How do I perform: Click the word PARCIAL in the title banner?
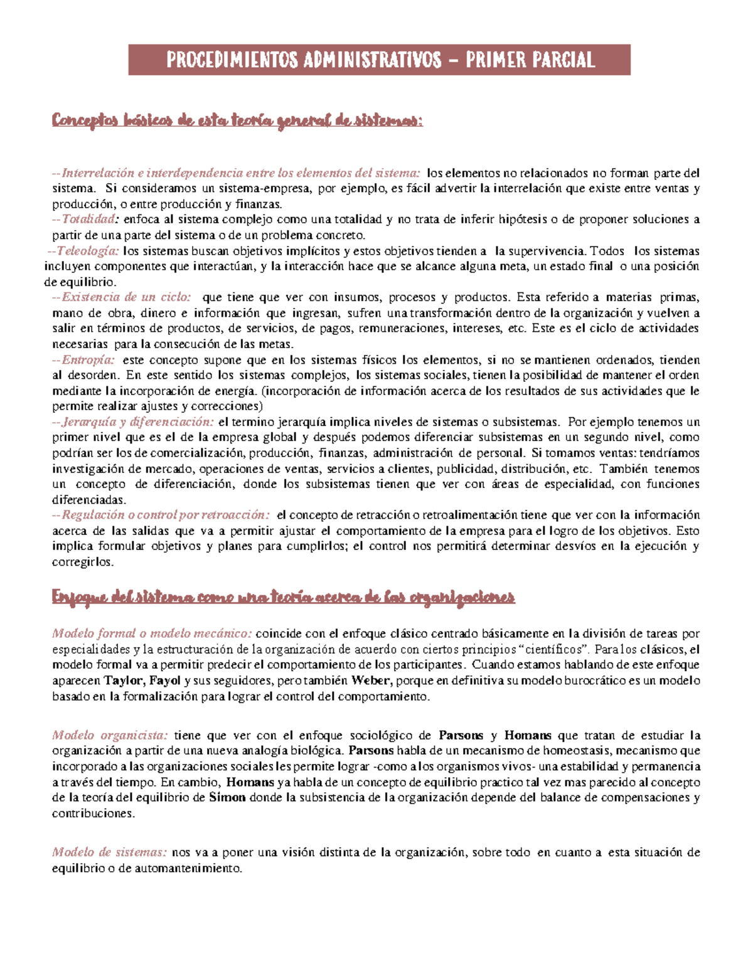tap(562, 60)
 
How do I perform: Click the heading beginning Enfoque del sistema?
tap(283, 597)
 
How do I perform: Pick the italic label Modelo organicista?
tap(110, 735)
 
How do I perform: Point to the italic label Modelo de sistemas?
tap(109, 852)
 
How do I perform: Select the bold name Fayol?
tap(165, 680)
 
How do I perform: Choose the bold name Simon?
tap(227, 798)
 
